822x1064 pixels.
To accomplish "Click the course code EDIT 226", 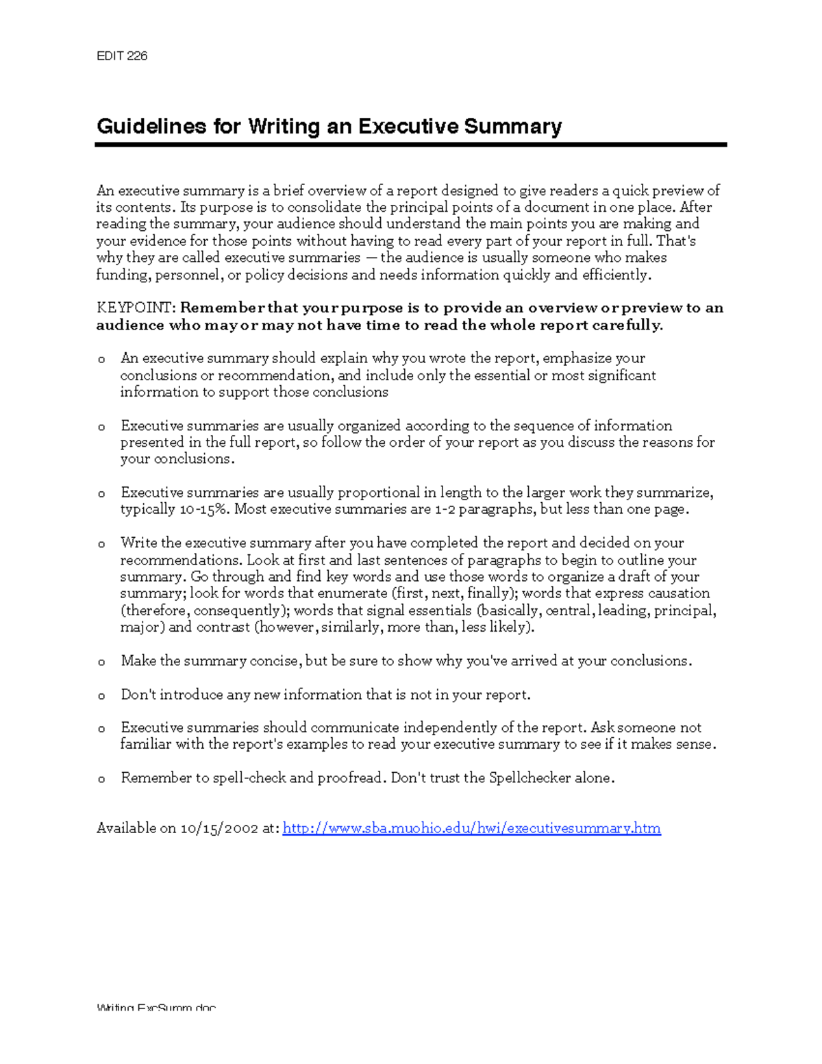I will tap(122, 56).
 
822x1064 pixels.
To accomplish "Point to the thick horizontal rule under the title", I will tap(410, 145).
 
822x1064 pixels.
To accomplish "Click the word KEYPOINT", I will tap(136, 308).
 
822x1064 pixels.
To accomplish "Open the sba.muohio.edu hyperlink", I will tap(471, 828).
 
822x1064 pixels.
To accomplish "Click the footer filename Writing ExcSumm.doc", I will tap(156, 1008).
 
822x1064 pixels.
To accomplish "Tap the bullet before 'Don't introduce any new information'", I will tap(101, 696).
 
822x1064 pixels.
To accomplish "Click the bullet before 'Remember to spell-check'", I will tap(101, 779).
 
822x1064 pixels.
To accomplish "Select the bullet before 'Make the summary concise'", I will tap(101, 663).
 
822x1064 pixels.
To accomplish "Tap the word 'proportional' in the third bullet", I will tap(379, 493).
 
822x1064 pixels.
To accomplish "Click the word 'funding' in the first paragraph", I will tap(123, 275).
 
